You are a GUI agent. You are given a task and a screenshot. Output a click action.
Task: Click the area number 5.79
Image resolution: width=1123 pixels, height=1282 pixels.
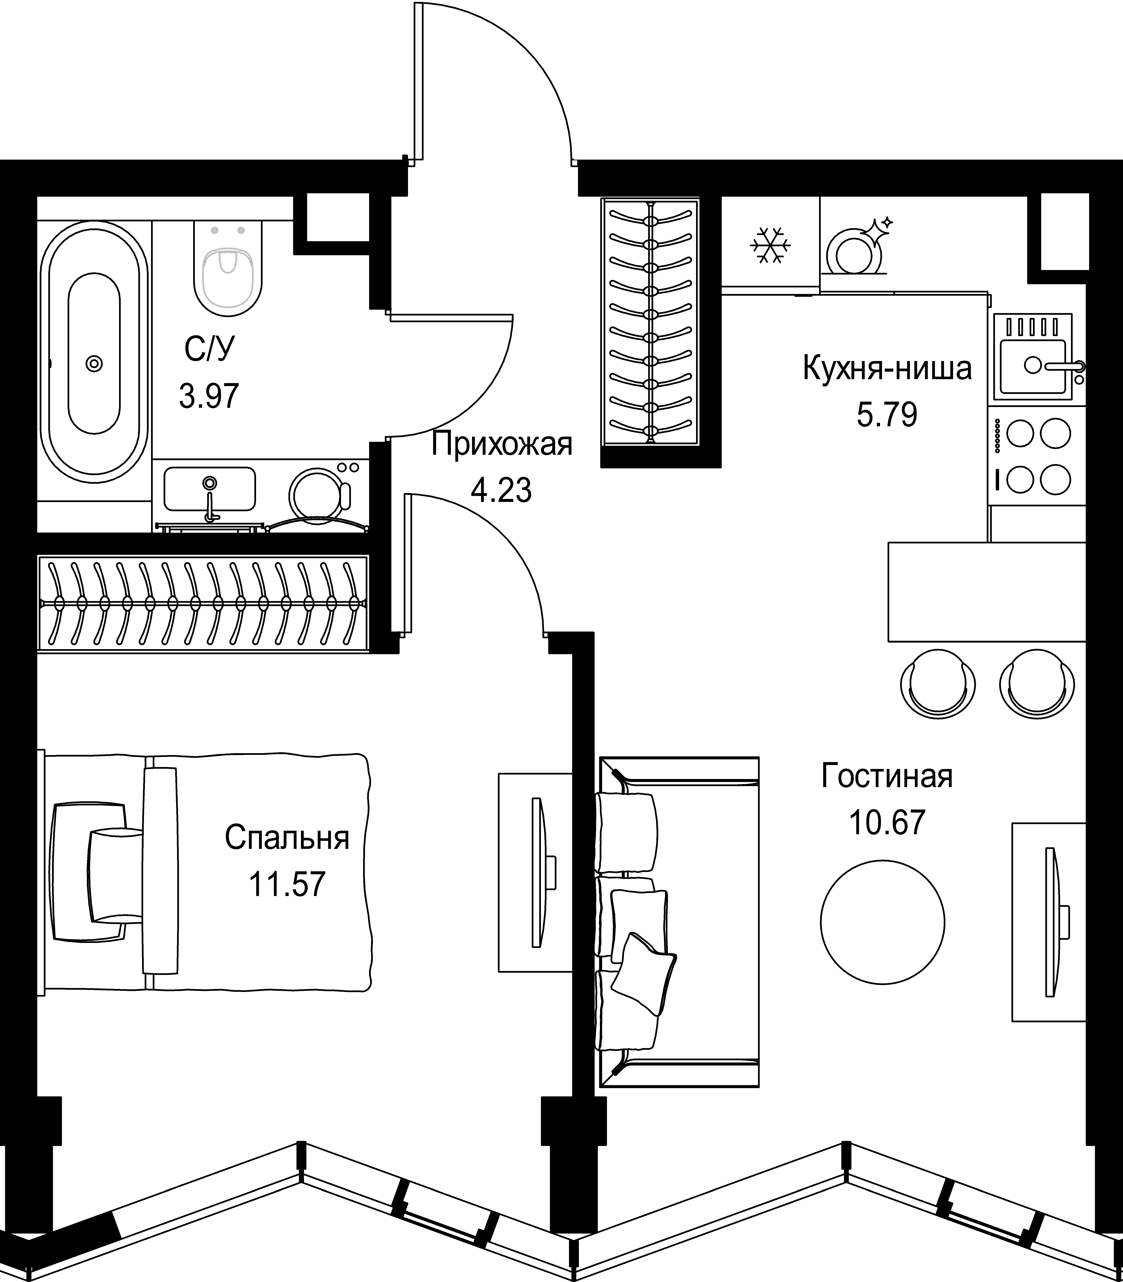coord(887,415)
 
